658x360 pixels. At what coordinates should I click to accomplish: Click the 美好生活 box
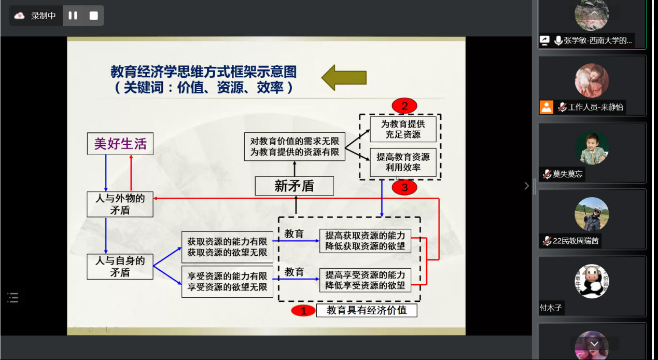pos(120,144)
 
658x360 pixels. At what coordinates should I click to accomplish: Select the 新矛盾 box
pos(294,186)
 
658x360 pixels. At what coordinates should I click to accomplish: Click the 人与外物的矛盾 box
pos(120,204)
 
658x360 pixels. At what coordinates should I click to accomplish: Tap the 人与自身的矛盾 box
pos(120,267)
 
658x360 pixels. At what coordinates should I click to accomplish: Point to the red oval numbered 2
pos(404,106)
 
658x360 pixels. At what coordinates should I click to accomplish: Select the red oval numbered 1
pos(303,311)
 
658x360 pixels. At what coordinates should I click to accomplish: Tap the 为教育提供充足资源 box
pos(403,129)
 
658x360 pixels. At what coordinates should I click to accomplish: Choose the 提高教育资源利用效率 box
pos(403,162)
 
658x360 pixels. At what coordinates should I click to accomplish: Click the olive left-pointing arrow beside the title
pos(344,78)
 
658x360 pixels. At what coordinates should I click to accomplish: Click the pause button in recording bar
pos(73,16)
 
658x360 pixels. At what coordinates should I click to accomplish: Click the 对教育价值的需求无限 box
pos(295,146)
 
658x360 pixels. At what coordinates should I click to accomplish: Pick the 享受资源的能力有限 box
pos(227,282)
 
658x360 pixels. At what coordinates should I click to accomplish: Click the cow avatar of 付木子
pos(592,281)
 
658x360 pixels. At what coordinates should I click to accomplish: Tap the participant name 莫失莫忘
pos(567,174)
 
